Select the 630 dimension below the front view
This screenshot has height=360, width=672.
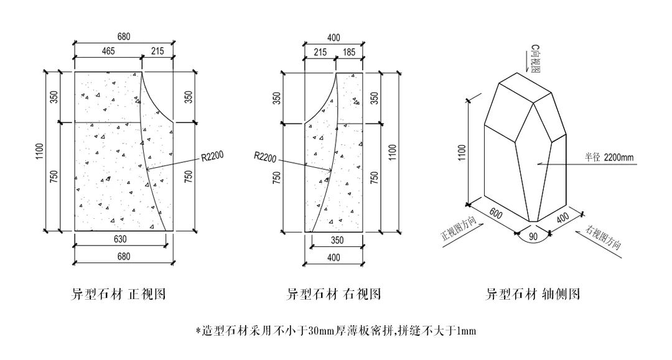(x=121, y=239)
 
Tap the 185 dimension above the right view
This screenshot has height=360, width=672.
(x=348, y=52)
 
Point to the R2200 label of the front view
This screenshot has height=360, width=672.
(x=212, y=158)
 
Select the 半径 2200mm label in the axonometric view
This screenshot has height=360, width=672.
(x=609, y=157)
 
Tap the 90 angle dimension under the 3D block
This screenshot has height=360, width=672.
(x=533, y=237)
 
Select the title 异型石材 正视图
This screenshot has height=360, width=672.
(x=119, y=294)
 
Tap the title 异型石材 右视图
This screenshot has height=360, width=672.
(x=334, y=294)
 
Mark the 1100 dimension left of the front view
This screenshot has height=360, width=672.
(x=40, y=151)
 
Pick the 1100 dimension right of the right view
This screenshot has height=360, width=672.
(x=392, y=151)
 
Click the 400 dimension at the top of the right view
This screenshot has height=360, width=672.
(x=334, y=37)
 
